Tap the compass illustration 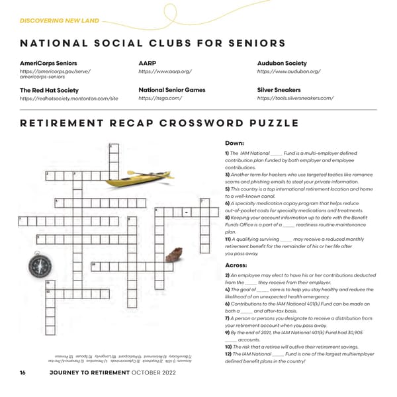click(x=39, y=265)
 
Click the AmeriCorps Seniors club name click(x=48, y=63)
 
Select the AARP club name click(x=147, y=63)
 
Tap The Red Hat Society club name click(x=49, y=90)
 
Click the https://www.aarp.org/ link click(x=165, y=71)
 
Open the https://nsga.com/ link click(x=159, y=99)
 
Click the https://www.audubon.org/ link click(x=288, y=71)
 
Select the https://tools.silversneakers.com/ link click(x=294, y=99)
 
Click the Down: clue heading click(x=235, y=142)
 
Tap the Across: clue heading click(x=238, y=265)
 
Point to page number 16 click(x=22, y=373)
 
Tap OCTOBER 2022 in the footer click(x=153, y=373)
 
